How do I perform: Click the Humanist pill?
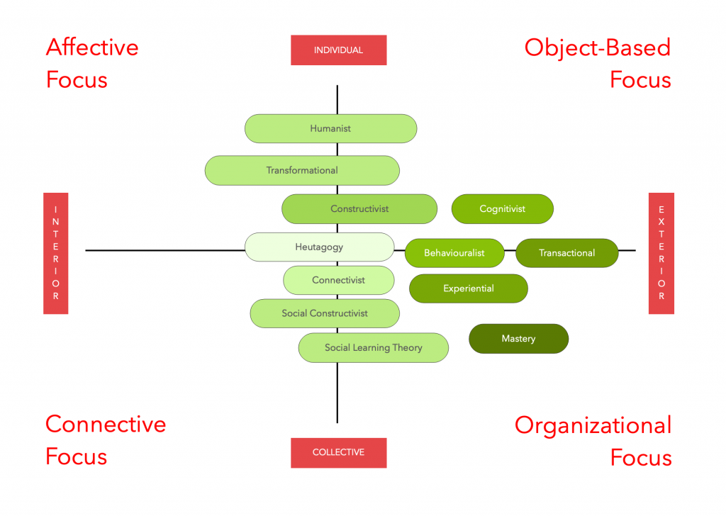pyautogui.click(x=330, y=128)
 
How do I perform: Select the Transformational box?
pyautogui.click(x=302, y=170)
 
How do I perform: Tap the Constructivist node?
pyautogui.click(x=359, y=209)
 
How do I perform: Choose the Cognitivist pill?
pyautogui.click(x=502, y=209)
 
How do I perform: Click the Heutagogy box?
pyautogui.click(x=319, y=247)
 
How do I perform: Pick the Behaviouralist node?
pyautogui.click(x=454, y=253)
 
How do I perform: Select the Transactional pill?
pyautogui.click(x=566, y=253)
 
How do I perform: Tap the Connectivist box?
pyautogui.click(x=338, y=280)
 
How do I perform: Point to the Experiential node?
pyautogui.click(x=468, y=288)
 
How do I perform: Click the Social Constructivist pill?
pyautogui.click(x=325, y=313)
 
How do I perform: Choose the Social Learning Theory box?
pyautogui.click(x=373, y=347)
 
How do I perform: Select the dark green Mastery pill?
pyautogui.click(x=518, y=339)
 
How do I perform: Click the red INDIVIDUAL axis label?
pyautogui.click(x=338, y=50)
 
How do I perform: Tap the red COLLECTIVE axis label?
pyautogui.click(x=338, y=452)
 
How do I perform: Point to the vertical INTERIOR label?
pyautogui.click(x=55, y=253)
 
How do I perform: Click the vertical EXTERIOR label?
pyautogui.click(x=661, y=253)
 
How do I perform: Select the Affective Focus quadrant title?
pyautogui.click(x=92, y=63)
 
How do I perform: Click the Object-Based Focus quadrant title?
pyautogui.click(x=598, y=63)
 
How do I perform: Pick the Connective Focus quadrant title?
pyautogui.click(x=106, y=439)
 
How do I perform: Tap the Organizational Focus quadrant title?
pyautogui.click(x=593, y=441)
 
